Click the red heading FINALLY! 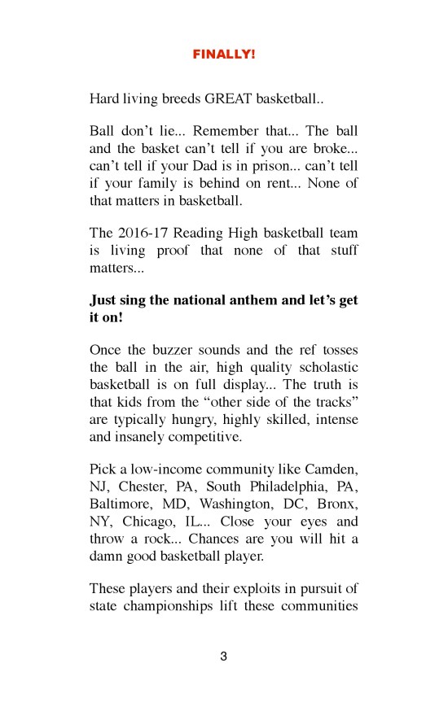click(223, 55)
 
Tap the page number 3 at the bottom click(224, 657)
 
